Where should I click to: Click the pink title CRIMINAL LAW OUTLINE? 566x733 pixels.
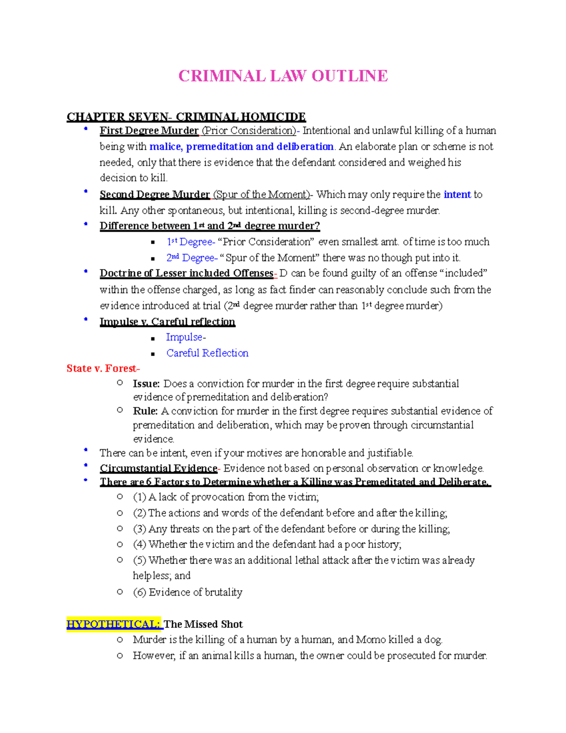(283, 76)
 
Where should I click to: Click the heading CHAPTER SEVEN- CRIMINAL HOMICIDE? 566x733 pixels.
(186, 117)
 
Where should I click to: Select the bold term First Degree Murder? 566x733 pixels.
(149, 131)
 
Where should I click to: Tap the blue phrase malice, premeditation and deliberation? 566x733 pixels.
(241, 147)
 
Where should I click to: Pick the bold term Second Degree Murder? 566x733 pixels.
(155, 194)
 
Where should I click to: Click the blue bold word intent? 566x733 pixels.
(457, 194)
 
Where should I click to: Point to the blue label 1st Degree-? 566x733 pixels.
(191, 242)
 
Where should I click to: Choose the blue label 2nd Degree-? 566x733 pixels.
(191, 258)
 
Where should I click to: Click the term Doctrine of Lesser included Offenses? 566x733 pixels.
(186, 273)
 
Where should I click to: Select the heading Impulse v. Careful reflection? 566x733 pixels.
(167, 322)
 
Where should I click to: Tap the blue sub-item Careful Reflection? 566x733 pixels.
(207, 353)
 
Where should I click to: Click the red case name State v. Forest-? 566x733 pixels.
(103, 369)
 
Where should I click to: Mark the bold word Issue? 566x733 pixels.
(146, 384)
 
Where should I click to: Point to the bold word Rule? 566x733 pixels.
(145, 411)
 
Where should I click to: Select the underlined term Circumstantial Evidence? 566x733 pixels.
(158, 468)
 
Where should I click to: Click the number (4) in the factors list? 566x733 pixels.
(140, 545)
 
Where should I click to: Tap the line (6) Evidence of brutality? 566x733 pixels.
(188, 592)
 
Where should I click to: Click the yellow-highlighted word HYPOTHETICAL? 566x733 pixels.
(114, 624)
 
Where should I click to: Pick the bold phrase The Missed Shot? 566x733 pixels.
(203, 624)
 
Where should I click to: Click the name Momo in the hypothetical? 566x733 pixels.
(371, 640)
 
